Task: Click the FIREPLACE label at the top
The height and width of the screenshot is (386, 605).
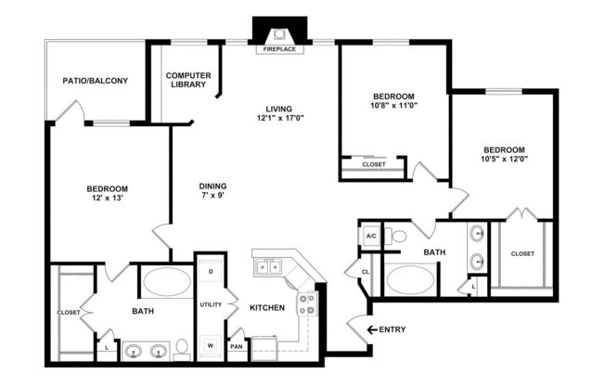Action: point(279,49)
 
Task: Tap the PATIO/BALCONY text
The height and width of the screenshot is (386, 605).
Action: point(95,81)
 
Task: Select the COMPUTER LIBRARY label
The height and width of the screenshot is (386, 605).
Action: point(189,80)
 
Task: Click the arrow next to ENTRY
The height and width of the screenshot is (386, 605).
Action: point(373,329)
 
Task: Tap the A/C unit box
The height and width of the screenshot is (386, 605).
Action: point(370,236)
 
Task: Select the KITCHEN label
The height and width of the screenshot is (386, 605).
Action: point(267,307)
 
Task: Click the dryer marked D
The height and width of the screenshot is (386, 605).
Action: point(210,272)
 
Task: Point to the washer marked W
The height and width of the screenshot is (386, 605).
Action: point(210,344)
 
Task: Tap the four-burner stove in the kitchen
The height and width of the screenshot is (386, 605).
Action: point(307,303)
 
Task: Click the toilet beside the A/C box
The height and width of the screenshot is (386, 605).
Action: point(398,236)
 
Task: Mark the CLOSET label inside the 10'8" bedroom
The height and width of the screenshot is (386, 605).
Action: point(373,165)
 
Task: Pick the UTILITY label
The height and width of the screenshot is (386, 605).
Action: point(210,304)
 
